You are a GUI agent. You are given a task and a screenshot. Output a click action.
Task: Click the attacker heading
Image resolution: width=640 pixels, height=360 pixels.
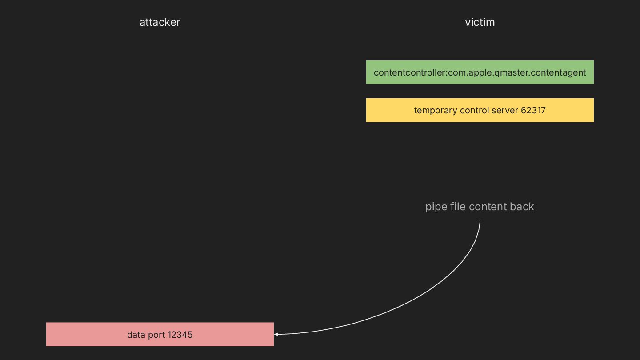(x=160, y=22)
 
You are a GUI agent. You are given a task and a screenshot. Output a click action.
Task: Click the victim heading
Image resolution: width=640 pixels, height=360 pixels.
(x=480, y=22)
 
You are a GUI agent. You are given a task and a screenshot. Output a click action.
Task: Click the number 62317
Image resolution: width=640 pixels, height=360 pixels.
(x=533, y=110)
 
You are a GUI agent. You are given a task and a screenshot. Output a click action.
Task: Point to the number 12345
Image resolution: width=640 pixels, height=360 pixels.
(x=180, y=335)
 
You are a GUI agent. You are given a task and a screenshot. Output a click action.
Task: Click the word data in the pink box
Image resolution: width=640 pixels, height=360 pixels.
(x=136, y=335)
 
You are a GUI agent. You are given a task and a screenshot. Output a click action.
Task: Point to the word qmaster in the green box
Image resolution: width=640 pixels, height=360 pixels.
(x=513, y=72)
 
